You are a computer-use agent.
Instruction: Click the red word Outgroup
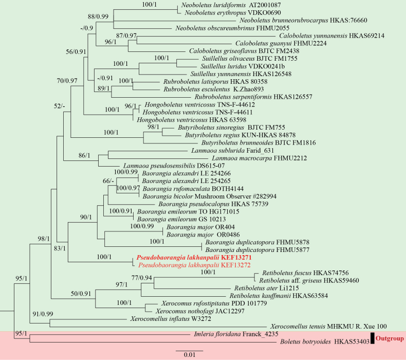coord(390,338)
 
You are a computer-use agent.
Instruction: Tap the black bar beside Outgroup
coord(372,338)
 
